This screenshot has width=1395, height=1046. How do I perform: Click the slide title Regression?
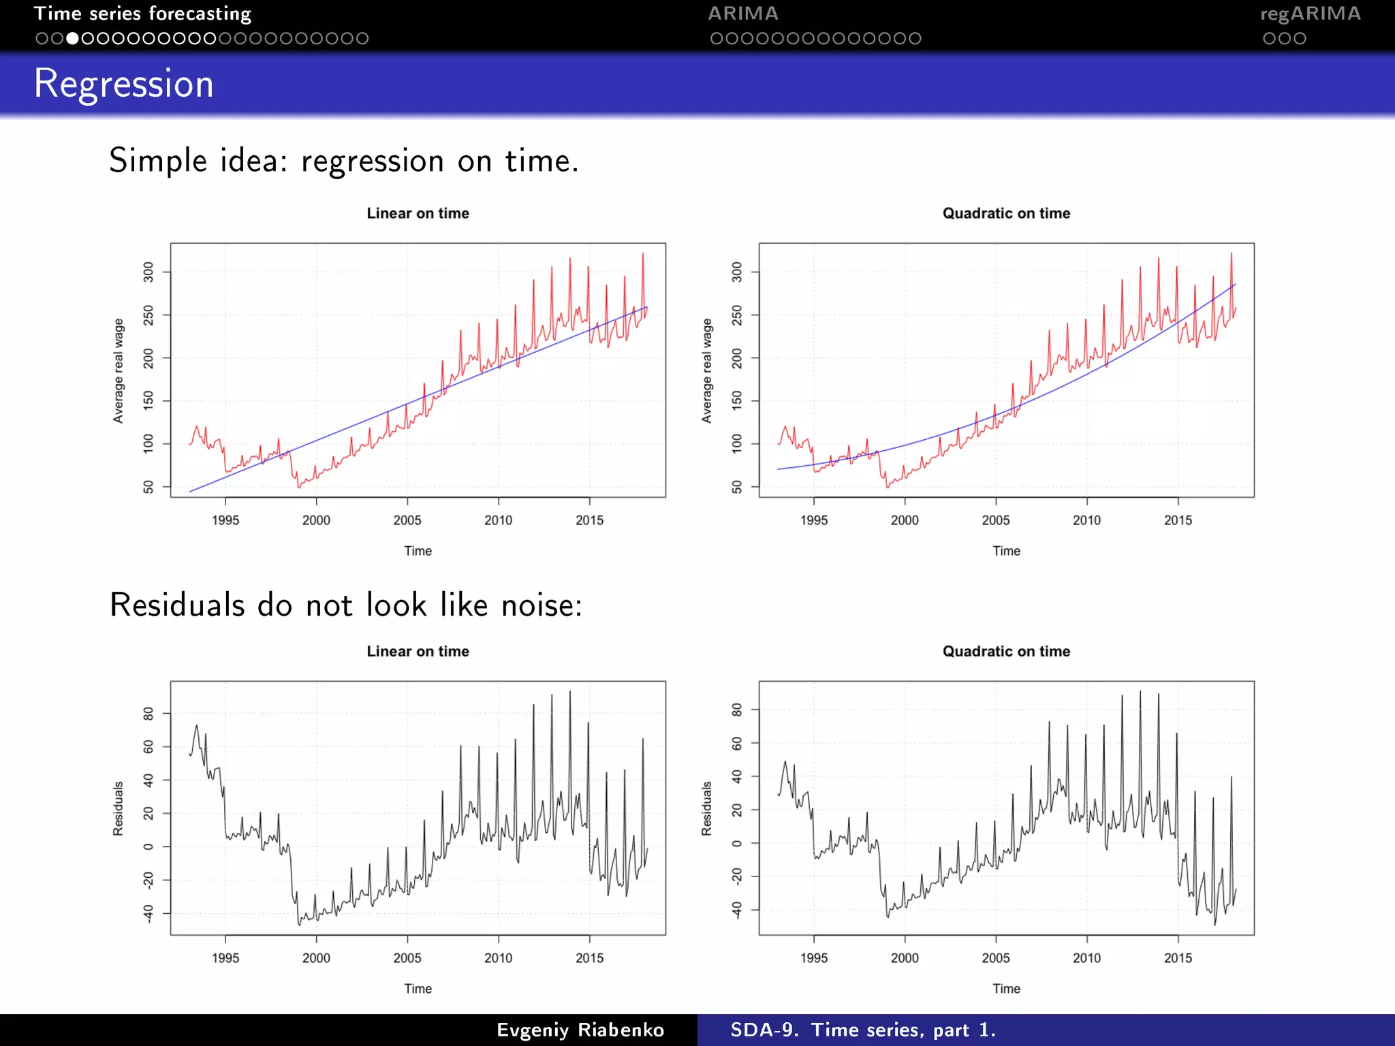point(123,84)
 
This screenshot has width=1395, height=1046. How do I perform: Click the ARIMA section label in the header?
point(742,14)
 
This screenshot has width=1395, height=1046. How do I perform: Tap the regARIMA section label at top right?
point(1310,14)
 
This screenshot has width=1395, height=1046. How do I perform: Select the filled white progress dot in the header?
point(72,39)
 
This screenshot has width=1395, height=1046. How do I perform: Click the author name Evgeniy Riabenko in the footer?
point(580,1030)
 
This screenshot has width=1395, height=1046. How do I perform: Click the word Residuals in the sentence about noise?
point(177,605)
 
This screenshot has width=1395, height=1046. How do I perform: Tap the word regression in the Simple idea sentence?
point(372,161)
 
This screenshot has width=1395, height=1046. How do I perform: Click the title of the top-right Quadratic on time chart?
point(1006,213)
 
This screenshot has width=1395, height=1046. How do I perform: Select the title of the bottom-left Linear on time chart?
point(418,651)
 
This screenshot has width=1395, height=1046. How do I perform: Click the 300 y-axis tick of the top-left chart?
point(148,272)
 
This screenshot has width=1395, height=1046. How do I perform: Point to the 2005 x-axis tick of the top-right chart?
point(995,520)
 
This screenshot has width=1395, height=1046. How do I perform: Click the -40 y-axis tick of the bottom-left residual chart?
point(148,913)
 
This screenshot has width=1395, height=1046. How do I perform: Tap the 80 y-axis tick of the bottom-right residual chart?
point(737,710)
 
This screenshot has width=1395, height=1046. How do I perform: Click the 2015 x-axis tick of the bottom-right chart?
point(1178,958)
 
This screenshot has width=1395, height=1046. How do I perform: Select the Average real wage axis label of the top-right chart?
point(707,370)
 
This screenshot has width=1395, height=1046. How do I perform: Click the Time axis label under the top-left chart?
point(418,551)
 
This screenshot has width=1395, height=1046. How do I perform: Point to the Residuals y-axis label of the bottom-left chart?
point(119,808)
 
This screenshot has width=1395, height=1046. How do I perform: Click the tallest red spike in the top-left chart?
point(642,255)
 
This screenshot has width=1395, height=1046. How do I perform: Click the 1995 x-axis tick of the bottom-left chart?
point(225,958)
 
